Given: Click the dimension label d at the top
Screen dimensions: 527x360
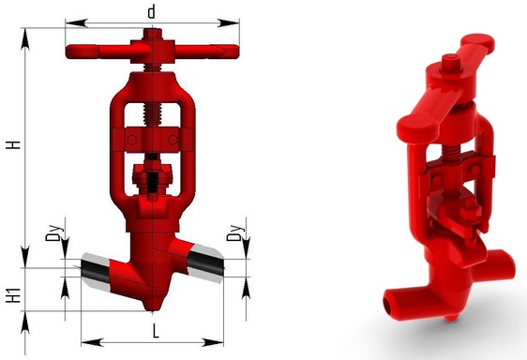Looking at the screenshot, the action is (152, 12).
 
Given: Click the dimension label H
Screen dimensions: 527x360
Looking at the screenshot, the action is (14, 145).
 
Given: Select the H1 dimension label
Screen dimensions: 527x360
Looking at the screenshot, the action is (14, 295).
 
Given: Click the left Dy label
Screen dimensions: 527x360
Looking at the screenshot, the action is (54, 232).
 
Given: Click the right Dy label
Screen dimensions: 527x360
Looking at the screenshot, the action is (235, 232).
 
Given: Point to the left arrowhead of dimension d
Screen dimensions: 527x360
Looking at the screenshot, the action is (77, 23).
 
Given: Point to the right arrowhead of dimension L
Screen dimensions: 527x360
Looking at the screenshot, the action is (213, 342).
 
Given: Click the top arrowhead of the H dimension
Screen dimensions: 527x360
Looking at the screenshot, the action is (25, 39).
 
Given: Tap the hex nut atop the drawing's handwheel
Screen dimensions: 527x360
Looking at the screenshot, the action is (153, 34).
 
